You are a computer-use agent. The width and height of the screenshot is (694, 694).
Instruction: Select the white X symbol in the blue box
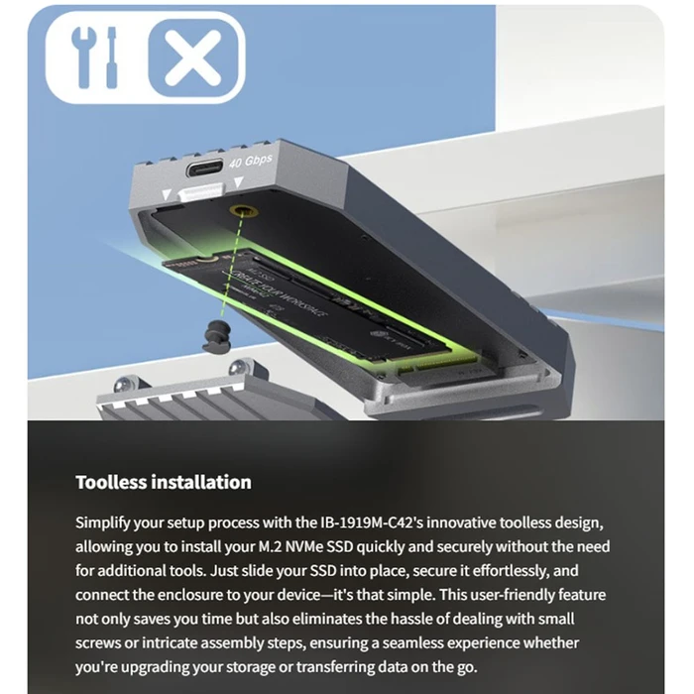(194, 57)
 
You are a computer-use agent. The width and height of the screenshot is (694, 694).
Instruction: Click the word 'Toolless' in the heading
(112, 483)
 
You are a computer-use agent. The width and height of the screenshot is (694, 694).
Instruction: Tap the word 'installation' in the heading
(201, 483)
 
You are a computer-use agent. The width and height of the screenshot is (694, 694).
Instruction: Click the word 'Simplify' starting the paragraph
(107, 522)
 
